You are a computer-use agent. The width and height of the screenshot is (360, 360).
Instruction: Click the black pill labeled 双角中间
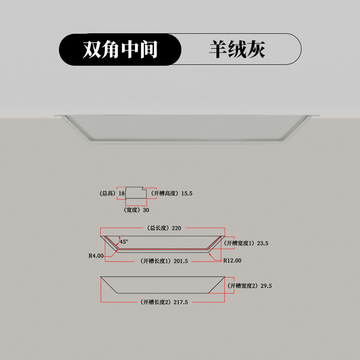[120, 49]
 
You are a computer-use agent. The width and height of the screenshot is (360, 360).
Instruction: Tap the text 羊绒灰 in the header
[237, 49]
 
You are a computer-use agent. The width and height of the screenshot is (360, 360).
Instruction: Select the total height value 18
[121, 193]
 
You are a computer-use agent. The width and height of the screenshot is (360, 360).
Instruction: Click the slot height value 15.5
[187, 193]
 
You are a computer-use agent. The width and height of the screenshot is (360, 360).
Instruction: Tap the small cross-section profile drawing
[135, 193]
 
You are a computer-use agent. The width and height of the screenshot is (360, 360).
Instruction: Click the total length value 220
[176, 228]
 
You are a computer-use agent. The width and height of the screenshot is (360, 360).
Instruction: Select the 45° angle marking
[124, 242]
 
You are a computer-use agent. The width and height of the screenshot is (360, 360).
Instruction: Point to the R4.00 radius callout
[96, 256]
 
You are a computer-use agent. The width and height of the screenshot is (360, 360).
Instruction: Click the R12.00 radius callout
[233, 260]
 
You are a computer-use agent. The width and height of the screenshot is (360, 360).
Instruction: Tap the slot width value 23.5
[263, 243]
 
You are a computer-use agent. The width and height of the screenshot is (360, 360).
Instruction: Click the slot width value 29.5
[265, 286]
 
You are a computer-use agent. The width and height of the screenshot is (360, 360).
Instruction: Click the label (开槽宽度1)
[239, 243]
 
